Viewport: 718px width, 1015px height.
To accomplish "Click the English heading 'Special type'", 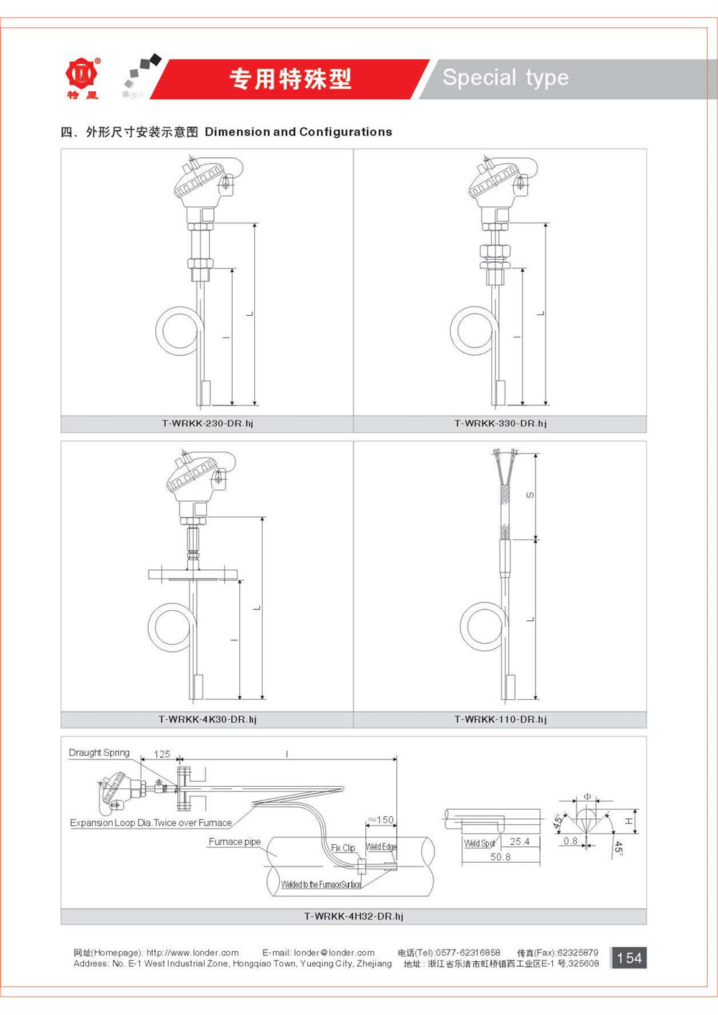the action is [505, 78].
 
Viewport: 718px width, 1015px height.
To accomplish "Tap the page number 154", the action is [629, 958].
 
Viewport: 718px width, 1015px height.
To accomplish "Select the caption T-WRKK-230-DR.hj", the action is [208, 424].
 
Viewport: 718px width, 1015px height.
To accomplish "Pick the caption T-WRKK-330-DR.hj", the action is [500, 424].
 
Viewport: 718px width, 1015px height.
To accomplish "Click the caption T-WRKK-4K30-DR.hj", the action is [208, 719].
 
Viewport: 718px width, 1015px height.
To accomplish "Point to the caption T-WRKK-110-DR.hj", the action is [500, 719].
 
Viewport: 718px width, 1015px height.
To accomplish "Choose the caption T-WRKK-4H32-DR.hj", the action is [353, 916].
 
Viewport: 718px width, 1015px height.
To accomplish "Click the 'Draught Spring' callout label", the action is [99, 753].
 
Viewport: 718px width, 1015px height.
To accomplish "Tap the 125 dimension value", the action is [162, 754].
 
